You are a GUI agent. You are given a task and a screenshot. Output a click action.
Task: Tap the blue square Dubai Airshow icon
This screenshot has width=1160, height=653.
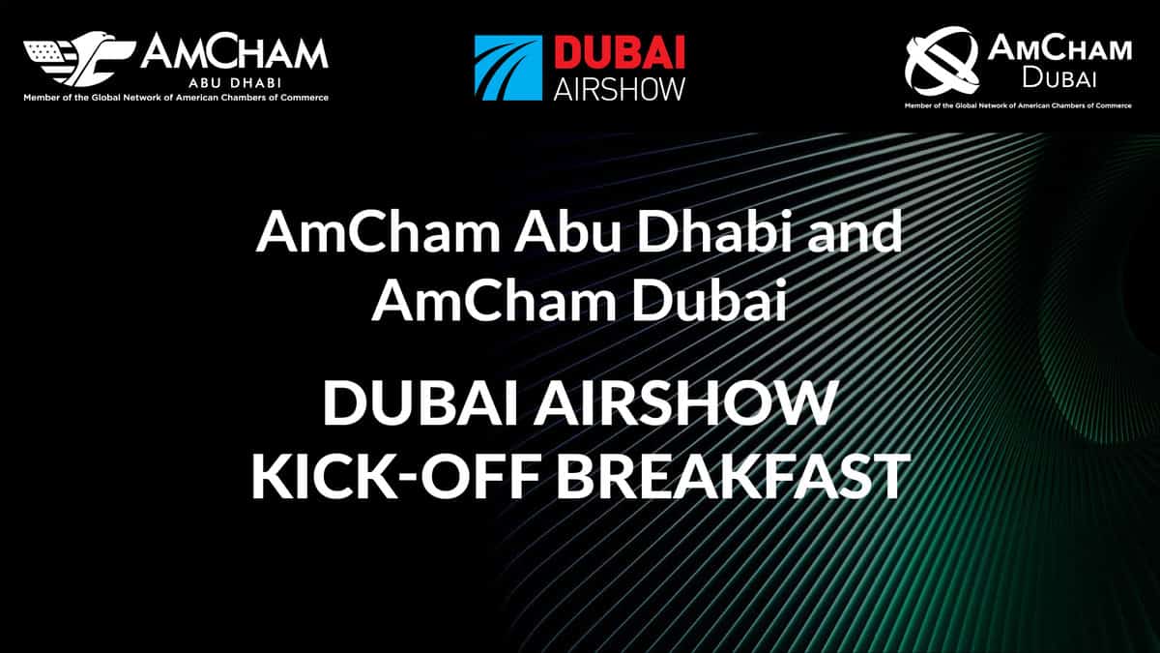click(508, 68)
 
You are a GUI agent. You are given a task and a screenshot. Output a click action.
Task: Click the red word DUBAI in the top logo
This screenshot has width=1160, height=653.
click(620, 53)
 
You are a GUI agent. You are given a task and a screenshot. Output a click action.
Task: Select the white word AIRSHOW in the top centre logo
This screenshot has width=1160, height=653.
click(620, 89)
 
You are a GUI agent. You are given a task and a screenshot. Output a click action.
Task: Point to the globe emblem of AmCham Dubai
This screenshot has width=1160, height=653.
click(942, 61)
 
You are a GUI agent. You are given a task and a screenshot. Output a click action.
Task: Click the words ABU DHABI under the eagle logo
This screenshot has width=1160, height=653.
click(235, 83)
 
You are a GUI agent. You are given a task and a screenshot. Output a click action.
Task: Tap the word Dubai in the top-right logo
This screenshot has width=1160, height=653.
click(1059, 78)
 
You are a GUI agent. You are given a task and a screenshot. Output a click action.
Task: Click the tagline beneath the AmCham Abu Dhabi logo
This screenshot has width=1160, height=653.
click(176, 98)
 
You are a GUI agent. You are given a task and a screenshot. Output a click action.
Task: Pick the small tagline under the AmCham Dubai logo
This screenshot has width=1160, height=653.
click(1018, 105)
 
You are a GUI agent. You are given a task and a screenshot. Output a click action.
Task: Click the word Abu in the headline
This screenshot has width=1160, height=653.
click(567, 232)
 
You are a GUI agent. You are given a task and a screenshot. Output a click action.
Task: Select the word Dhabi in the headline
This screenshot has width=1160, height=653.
click(735, 232)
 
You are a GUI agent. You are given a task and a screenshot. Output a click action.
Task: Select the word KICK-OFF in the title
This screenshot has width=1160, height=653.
click(394, 476)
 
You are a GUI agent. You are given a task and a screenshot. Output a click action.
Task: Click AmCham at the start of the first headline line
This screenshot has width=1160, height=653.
click(377, 232)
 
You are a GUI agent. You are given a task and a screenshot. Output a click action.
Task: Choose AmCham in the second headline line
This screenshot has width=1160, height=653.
click(494, 301)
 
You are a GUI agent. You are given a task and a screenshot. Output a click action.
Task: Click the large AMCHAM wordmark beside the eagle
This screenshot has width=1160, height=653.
click(234, 53)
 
